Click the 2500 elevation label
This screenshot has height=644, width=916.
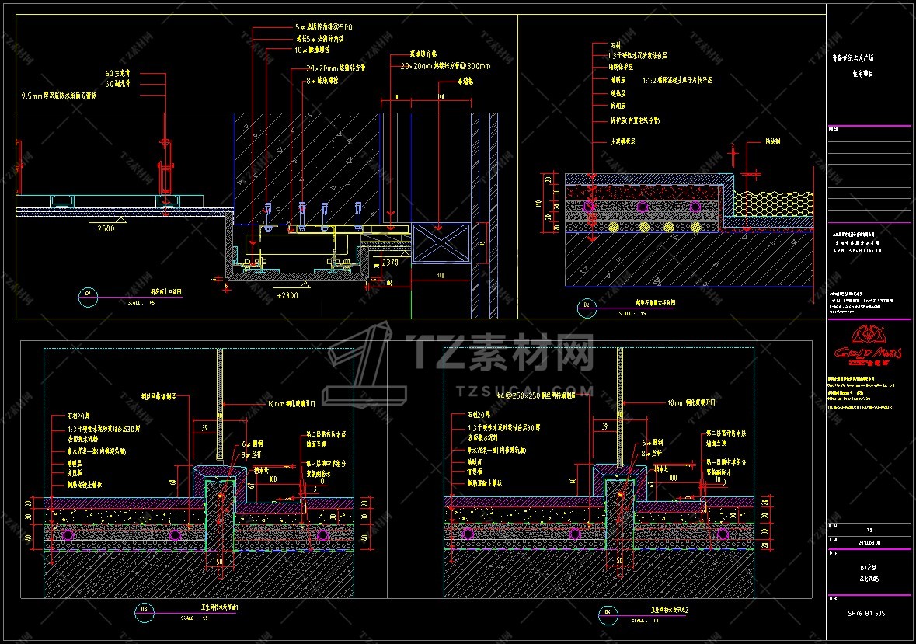click(106, 229)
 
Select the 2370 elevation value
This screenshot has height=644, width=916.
click(389, 263)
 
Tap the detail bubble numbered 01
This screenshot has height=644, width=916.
click(88, 294)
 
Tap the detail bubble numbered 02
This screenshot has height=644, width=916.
click(586, 307)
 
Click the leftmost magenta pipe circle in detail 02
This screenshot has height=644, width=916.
click(590, 207)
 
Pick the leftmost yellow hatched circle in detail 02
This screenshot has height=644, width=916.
click(614, 228)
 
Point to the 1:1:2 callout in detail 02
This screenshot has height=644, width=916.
click(677, 80)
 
